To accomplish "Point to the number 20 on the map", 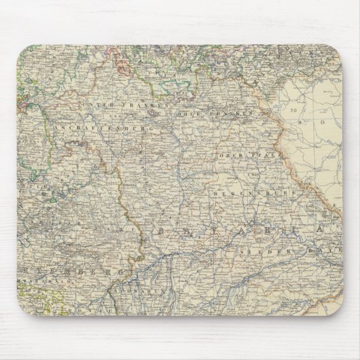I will coord(293,108).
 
